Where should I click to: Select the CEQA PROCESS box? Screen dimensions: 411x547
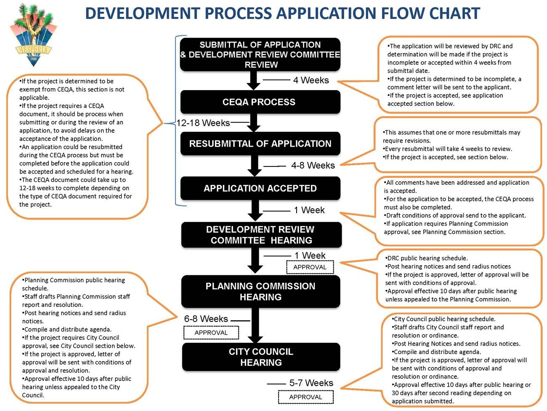[260, 102]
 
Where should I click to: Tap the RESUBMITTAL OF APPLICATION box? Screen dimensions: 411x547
[260, 144]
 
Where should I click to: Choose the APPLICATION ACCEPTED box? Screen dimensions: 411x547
[260, 188]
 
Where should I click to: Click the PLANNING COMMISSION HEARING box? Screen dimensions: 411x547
[260, 291]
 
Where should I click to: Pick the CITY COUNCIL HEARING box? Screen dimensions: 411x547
[261, 357]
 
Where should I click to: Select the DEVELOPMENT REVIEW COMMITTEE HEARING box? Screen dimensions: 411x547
[261, 235]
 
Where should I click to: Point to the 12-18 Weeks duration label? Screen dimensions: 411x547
[203, 123]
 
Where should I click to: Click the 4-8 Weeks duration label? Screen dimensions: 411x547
[313, 166]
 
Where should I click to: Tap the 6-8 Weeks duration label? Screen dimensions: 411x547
[206, 319]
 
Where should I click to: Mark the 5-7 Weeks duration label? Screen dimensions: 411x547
[311, 383]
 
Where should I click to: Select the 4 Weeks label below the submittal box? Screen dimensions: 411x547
[311, 80]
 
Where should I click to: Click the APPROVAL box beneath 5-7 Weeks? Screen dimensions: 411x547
[305, 397]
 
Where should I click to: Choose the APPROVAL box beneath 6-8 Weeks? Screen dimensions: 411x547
[211, 333]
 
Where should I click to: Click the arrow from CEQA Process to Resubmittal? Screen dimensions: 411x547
[254, 123]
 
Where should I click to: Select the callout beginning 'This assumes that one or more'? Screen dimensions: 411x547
[457, 145]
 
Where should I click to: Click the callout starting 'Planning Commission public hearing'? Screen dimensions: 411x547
[78, 337]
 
